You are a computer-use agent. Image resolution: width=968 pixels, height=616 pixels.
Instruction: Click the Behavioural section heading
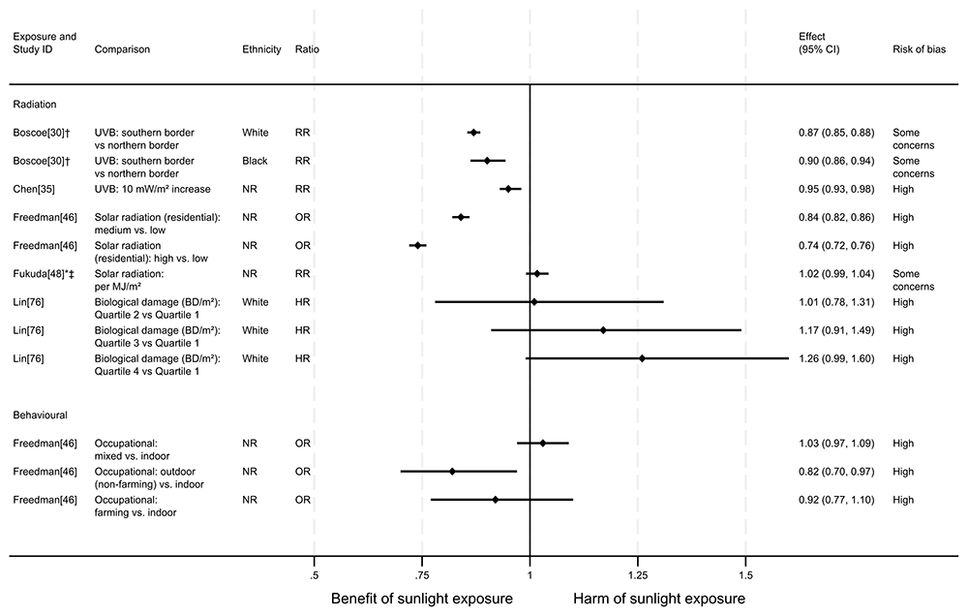point(40,414)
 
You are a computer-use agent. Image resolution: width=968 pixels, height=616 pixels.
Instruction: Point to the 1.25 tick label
point(637,575)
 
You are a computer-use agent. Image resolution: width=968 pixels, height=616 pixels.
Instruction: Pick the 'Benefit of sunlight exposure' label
point(422,600)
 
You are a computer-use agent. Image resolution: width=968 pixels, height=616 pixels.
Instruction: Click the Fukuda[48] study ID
point(44,274)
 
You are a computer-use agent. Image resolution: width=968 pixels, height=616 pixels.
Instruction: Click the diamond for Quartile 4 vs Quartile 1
point(642,358)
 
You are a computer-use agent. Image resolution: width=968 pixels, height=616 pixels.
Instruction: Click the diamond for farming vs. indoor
point(496,500)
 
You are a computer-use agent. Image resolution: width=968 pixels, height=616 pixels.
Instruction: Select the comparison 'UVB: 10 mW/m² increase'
point(152,189)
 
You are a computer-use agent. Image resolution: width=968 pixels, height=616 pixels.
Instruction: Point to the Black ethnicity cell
point(256,160)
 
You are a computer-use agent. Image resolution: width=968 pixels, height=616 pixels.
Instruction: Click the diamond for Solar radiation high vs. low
point(417,245)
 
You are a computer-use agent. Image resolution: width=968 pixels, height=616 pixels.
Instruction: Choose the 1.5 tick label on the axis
point(745,575)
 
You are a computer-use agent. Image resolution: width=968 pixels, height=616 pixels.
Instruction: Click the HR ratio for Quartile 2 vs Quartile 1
point(303,302)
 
